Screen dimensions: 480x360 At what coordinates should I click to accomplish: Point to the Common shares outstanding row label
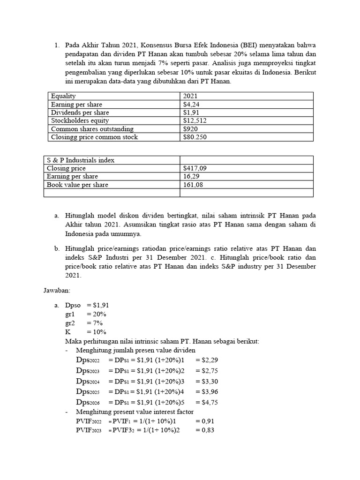pyautogui.click(x=92, y=129)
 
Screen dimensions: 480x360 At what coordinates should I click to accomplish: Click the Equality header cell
pyautogui.click(x=63, y=96)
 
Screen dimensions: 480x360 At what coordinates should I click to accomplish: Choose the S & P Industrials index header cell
pyautogui.click(x=81, y=160)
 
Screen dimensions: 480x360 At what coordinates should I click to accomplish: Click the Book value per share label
pyautogui.click(x=77, y=185)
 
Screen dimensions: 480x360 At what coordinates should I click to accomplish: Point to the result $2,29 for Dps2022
pyautogui.click(x=210, y=360)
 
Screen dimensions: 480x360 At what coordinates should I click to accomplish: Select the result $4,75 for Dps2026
pyautogui.click(x=210, y=402)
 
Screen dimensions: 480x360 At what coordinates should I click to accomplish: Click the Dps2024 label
pyautogui.click(x=88, y=382)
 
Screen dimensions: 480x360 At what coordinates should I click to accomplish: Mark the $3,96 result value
pyautogui.click(x=210, y=392)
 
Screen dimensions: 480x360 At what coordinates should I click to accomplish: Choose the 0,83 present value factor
pyautogui.click(x=205, y=430)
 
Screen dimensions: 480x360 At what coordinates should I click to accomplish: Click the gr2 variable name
pyautogui.click(x=70, y=323)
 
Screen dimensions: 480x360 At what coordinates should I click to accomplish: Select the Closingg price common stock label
pyautogui.click(x=95, y=137)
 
